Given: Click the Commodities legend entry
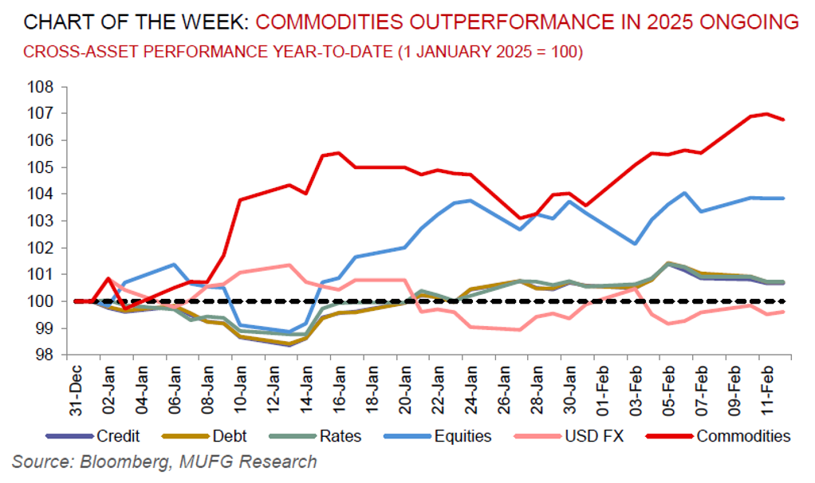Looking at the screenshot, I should click(742, 436).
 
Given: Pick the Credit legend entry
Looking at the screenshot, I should click(119, 436).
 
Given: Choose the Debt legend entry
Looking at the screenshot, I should click(230, 436).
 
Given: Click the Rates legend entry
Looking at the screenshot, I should click(341, 436).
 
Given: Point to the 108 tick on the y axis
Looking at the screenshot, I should click(40, 87).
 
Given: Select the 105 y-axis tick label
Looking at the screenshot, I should click(40, 167).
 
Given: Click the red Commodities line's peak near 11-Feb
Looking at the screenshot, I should click(766, 114).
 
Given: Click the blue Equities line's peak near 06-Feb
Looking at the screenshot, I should click(684, 193).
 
